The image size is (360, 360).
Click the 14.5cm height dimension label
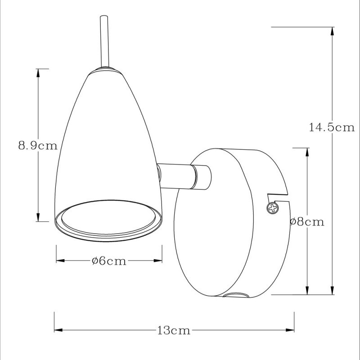(x=332, y=127)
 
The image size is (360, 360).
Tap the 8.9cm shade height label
(x=38, y=145)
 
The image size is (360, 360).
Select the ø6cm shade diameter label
(x=108, y=261)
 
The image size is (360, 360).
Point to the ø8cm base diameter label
(x=307, y=221)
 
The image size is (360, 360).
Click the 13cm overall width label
(x=174, y=331)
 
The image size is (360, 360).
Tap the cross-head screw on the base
(x=273, y=208)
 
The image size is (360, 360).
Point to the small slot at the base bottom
(x=235, y=296)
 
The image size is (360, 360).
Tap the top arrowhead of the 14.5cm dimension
(x=332, y=31)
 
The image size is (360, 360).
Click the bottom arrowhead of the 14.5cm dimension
(x=332, y=290)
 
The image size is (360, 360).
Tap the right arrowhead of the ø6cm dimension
(x=158, y=261)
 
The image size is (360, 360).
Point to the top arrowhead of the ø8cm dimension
(x=307, y=152)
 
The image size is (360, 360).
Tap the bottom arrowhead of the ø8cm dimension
(x=307, y=291)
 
